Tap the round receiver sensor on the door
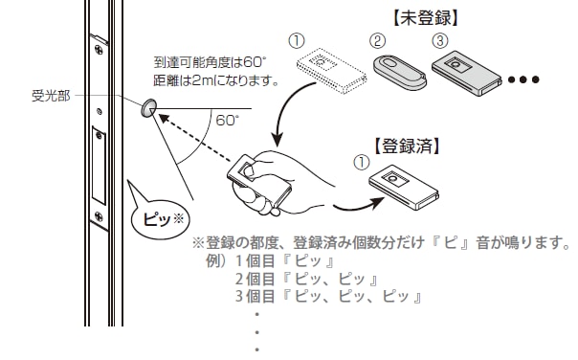pos(148,109)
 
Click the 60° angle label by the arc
pos(227,122)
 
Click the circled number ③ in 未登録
pos(439,41)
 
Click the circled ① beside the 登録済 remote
pos(361,162)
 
